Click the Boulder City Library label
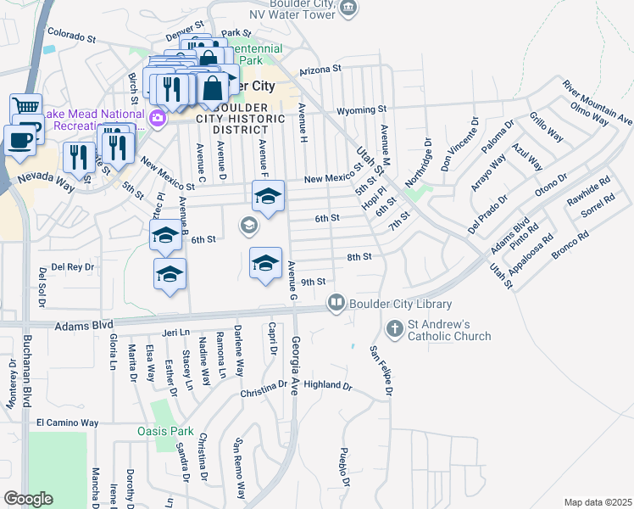pos(400,304)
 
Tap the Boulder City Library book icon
pos(336,302)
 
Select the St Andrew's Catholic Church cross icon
pos(394,328)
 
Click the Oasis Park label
pos(165,431)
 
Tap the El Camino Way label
pos(67,422)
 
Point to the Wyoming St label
pos(361,110)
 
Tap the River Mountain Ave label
pos(598,102)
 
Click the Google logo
pos(28,498)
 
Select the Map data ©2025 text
pos(598,502)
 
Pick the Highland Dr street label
pos(327,385)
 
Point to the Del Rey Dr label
pos(73,266)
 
